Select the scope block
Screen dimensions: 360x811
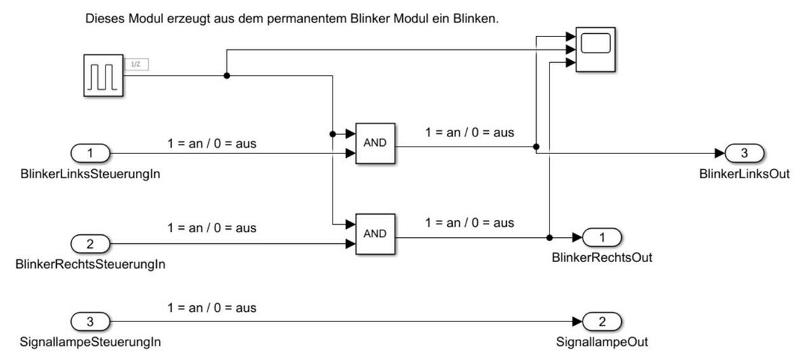coord(595,48)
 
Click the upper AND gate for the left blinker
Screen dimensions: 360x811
coord(375,143)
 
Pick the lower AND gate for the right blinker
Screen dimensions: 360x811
coord(375,234)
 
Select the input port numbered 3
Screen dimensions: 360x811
coord(91,321)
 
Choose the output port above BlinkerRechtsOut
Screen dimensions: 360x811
coord(601,238)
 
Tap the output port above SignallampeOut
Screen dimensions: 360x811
coord(601,321)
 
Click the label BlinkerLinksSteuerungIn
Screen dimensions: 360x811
coord(91,174)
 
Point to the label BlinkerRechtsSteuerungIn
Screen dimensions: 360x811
coord(91,264)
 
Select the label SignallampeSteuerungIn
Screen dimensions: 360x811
coord(91,342)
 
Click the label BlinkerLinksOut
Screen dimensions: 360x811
coord(744,174)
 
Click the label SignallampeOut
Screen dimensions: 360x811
coord(601,342)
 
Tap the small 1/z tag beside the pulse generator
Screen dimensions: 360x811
coord(136,64)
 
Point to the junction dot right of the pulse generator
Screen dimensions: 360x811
coord(226,76)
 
